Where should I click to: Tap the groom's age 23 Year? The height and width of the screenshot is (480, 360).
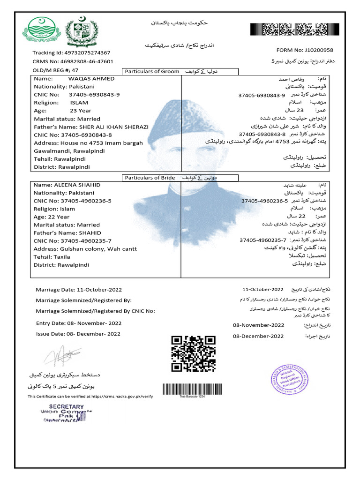click(x=81, y=111)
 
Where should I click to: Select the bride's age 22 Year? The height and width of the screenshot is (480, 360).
click(x=59, y=217)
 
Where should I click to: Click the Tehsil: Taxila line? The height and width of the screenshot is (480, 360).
click(x=52, y=257)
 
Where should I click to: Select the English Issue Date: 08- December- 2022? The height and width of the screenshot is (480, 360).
click(x=78, y=334)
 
